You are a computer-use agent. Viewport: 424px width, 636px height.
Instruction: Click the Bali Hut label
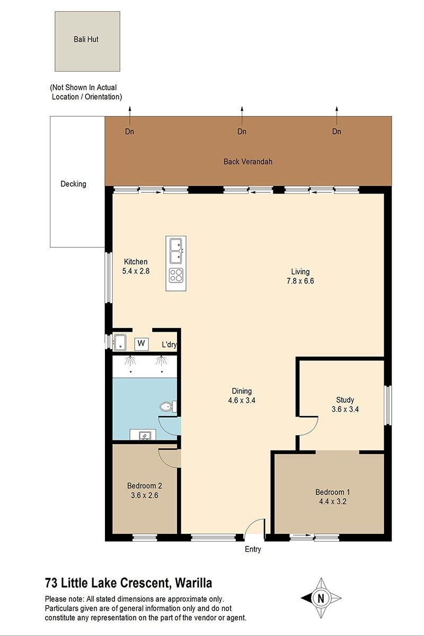click(x=86, y=39)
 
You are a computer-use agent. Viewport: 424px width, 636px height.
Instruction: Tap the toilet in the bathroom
click(x=168, y=407)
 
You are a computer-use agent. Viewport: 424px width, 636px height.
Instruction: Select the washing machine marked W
click(x=142, y=343)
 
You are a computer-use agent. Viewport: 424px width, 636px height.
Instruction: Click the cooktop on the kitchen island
click(x=176, y=276)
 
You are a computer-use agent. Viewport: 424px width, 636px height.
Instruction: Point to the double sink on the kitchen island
click(x=176, y=251)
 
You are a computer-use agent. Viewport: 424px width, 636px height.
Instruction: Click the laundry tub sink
click(x=120, y=343)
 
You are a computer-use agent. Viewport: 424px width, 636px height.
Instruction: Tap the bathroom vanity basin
click(x=143, y=435)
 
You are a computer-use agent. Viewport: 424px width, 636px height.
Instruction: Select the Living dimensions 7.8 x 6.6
click(x=300, y=281)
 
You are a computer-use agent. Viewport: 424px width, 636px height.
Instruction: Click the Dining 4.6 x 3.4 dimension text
click(x=242, y=400)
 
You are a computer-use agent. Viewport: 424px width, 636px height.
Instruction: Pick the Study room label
click(x=345, y=400)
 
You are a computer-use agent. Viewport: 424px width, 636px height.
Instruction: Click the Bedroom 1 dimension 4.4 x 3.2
click(x=332, y=501)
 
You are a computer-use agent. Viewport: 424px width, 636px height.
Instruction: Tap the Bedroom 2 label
click(x=145, y=486)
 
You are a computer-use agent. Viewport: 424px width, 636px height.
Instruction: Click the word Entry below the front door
click(x=253, y=550)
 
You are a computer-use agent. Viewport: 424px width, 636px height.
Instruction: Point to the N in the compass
click(x=321, y=598)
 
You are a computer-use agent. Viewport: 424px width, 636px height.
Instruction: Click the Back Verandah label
click(x=248, y=162)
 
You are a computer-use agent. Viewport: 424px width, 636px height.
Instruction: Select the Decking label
click(x=73, y=184)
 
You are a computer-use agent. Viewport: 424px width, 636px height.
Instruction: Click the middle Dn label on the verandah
click(x=242, y=131)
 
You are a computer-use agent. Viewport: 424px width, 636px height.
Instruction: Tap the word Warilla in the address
click(x=193, y=583)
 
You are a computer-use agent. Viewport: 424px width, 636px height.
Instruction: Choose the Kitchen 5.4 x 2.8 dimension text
click(x=136, y=271)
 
